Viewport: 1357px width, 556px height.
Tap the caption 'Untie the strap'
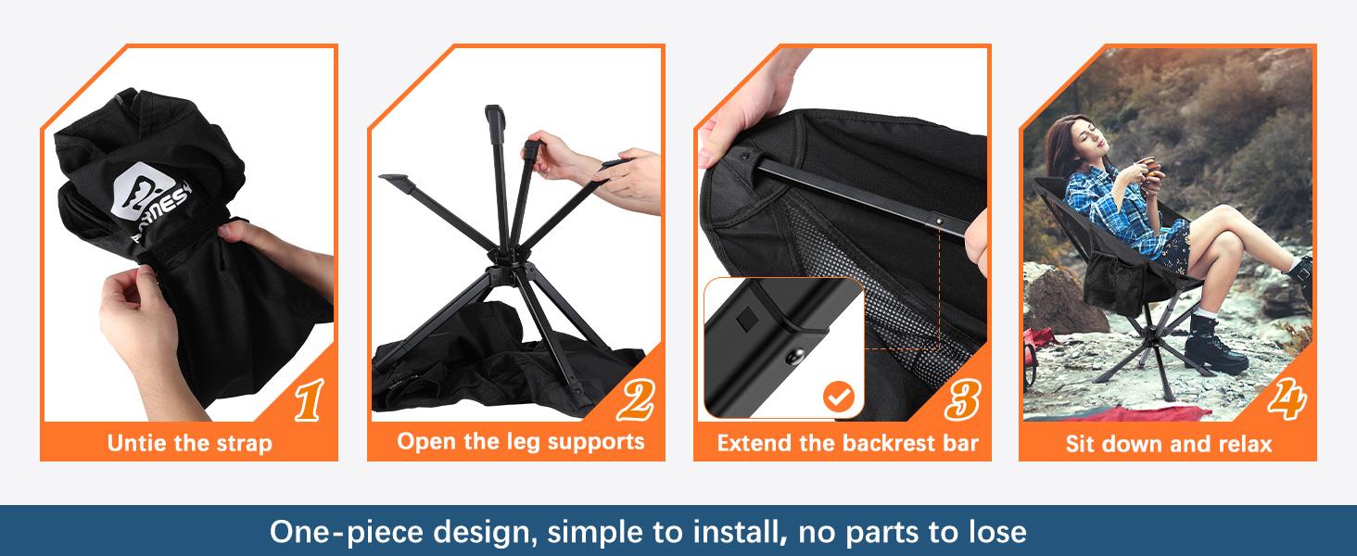pyautogui.click(x=189, y=443)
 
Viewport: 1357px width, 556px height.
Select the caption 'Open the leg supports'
pyautogui.click(x=520, y=441)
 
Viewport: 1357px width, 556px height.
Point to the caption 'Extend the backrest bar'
pyautogui.click(x=847, y=443)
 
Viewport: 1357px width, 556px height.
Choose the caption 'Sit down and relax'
pyautogui.click(x=1169, y=444)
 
